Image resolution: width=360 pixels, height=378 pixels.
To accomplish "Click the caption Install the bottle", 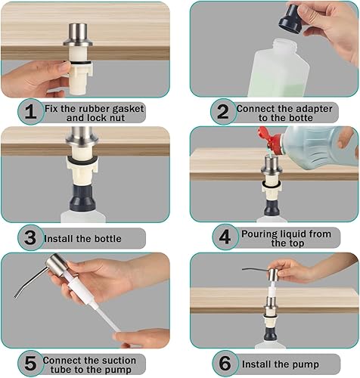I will (x=92, y=239).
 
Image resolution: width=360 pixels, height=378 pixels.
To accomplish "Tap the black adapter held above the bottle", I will (x=292, y=18).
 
